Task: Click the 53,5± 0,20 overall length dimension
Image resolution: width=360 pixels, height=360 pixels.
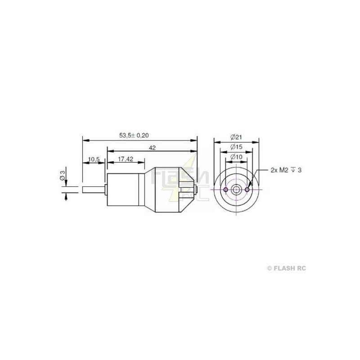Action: (134, 135)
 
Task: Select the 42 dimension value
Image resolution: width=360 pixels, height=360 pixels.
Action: (152, 148)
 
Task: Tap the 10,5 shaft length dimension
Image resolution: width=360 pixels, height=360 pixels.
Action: (94, 159)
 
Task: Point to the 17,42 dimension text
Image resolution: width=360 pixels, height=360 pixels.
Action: (126, 159)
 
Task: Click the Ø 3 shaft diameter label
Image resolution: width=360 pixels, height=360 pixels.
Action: (63, 175)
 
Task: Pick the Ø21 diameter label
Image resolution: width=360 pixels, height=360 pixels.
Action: (236, 137)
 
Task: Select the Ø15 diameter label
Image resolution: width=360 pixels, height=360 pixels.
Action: (236, 147)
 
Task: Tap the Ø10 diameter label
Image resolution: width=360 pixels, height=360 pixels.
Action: (236, 157)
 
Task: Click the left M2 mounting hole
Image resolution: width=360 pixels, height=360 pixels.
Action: (226, 189)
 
